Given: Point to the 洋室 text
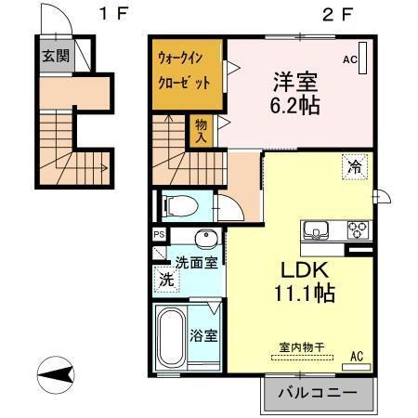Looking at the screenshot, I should tap(296, 80).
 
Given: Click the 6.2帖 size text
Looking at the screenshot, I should tap(296, 105).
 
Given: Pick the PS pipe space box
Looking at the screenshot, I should tap(158, 235).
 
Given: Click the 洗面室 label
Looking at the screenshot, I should tap(197, 262).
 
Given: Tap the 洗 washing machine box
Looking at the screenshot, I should tap(164, 279).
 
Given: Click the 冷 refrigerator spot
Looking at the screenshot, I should tap(355, 167).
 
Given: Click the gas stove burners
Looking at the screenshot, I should tap(357, 229).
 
